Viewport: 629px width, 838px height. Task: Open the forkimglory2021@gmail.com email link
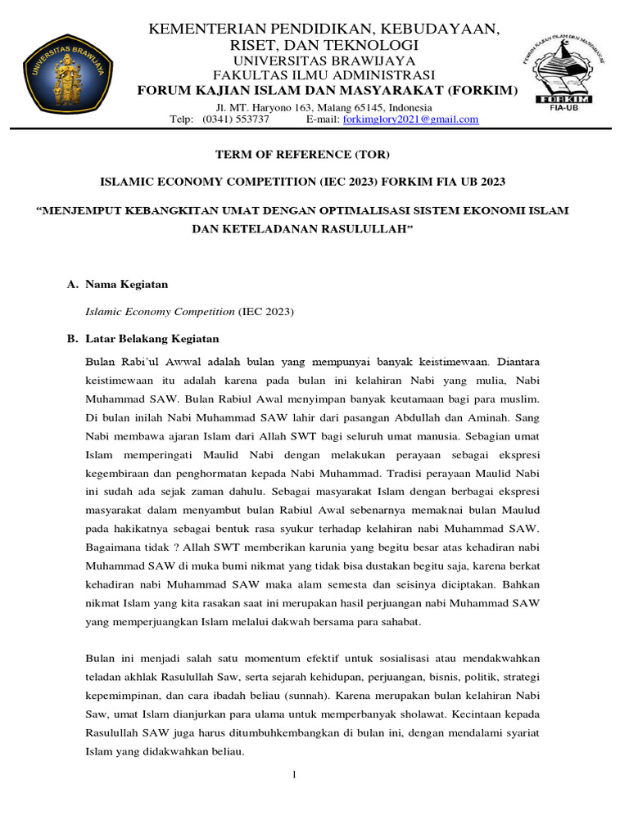click(410, 119)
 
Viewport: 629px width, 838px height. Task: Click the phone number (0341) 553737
click(241, 119)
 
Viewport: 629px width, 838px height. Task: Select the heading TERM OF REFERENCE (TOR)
click(303, 155)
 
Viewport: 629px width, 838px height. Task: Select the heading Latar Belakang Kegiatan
click(152, 339)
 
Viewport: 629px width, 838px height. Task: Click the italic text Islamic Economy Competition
click(161, 312)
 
